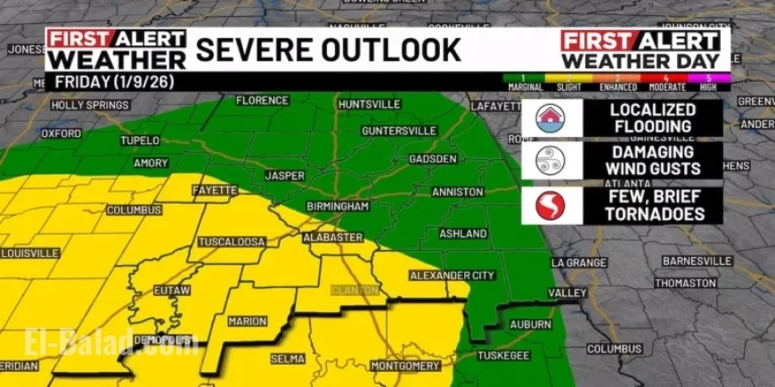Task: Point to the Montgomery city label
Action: [405, 366]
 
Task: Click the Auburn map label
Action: [531, 325]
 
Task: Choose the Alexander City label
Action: [452, 276]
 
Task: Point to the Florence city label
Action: [262, 101]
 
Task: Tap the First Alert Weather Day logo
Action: [640, 50]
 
